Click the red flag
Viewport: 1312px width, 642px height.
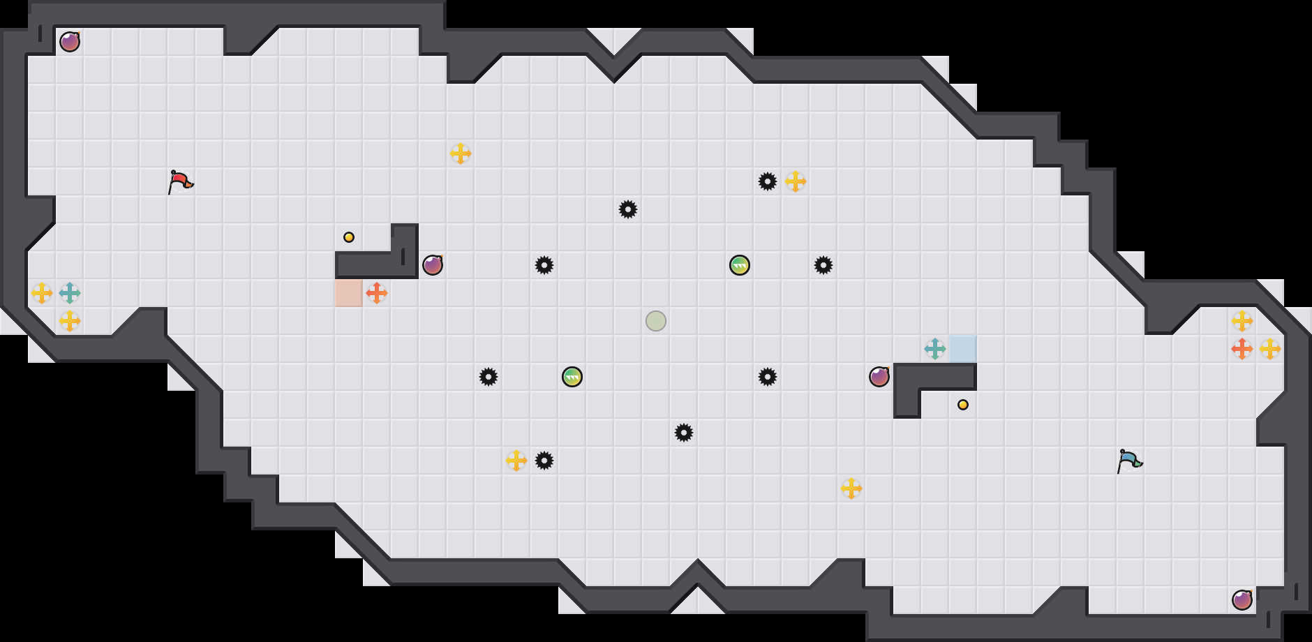pos(180,181)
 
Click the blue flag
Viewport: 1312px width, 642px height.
pos(1128,461)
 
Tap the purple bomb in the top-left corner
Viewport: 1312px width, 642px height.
pos(70,42)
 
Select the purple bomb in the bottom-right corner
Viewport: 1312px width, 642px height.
pos(1242,600)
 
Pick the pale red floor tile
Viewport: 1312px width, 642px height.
pos(349,293)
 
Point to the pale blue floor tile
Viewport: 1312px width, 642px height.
pos(963,349)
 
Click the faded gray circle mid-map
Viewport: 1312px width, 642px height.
pos(656,321)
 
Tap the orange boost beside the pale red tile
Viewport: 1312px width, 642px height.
pos(377,293)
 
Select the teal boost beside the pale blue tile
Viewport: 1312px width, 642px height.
pos(935,349)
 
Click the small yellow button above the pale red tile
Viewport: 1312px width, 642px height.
pos(349,237)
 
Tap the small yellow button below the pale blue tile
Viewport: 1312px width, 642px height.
pos(963,405)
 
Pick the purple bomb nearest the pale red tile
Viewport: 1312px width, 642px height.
pos(433,265)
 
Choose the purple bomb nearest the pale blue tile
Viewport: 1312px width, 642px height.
pos(879,377)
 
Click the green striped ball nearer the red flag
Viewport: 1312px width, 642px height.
pos(572,377)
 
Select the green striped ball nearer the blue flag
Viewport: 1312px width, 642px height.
pos(740,265)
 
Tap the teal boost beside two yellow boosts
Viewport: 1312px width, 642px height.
pos(70,293)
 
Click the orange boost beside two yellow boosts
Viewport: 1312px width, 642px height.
pos(1242,349)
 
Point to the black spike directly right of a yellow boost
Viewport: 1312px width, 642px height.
pos(544,461)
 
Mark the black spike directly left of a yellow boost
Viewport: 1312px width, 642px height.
pos(768,181)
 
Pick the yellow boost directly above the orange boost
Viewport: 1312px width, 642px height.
pos(1242,321)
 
